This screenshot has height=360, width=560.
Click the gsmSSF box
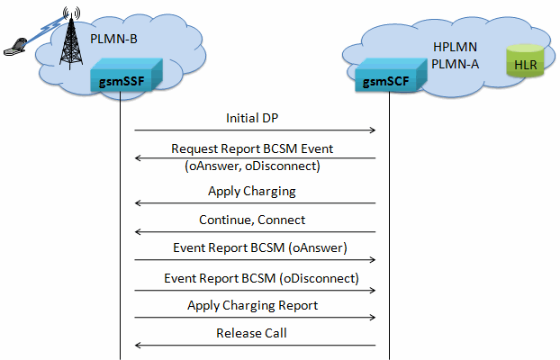tap(126, 76)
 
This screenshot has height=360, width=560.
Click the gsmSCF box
tap(391, 76)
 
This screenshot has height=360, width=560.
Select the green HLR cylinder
tap(525, 60)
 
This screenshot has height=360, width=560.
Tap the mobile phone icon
tap(15, 47)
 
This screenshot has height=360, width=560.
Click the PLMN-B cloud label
tap(113, 39)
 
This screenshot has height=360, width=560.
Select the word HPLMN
tap(455, 47)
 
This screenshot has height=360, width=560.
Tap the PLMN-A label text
tap(455, 64)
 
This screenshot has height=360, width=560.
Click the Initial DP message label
tap(252, 118)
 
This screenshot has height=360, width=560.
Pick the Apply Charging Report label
tap(252, 306)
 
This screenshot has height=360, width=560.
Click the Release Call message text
tap(251, 333)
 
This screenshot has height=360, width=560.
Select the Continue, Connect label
tap(252, 220)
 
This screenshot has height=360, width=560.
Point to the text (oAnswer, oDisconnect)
tap(252, 166)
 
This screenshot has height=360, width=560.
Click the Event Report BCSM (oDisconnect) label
tap(261, 278)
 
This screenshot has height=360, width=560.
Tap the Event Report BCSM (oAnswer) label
tap(260, 247)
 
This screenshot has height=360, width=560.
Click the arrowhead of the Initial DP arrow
tap(374, 130)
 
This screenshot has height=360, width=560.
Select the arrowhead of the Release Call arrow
tap(137, 345)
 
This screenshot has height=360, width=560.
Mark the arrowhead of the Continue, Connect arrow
tap(137, 232)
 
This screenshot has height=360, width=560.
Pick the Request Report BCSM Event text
tap(252, 148)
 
